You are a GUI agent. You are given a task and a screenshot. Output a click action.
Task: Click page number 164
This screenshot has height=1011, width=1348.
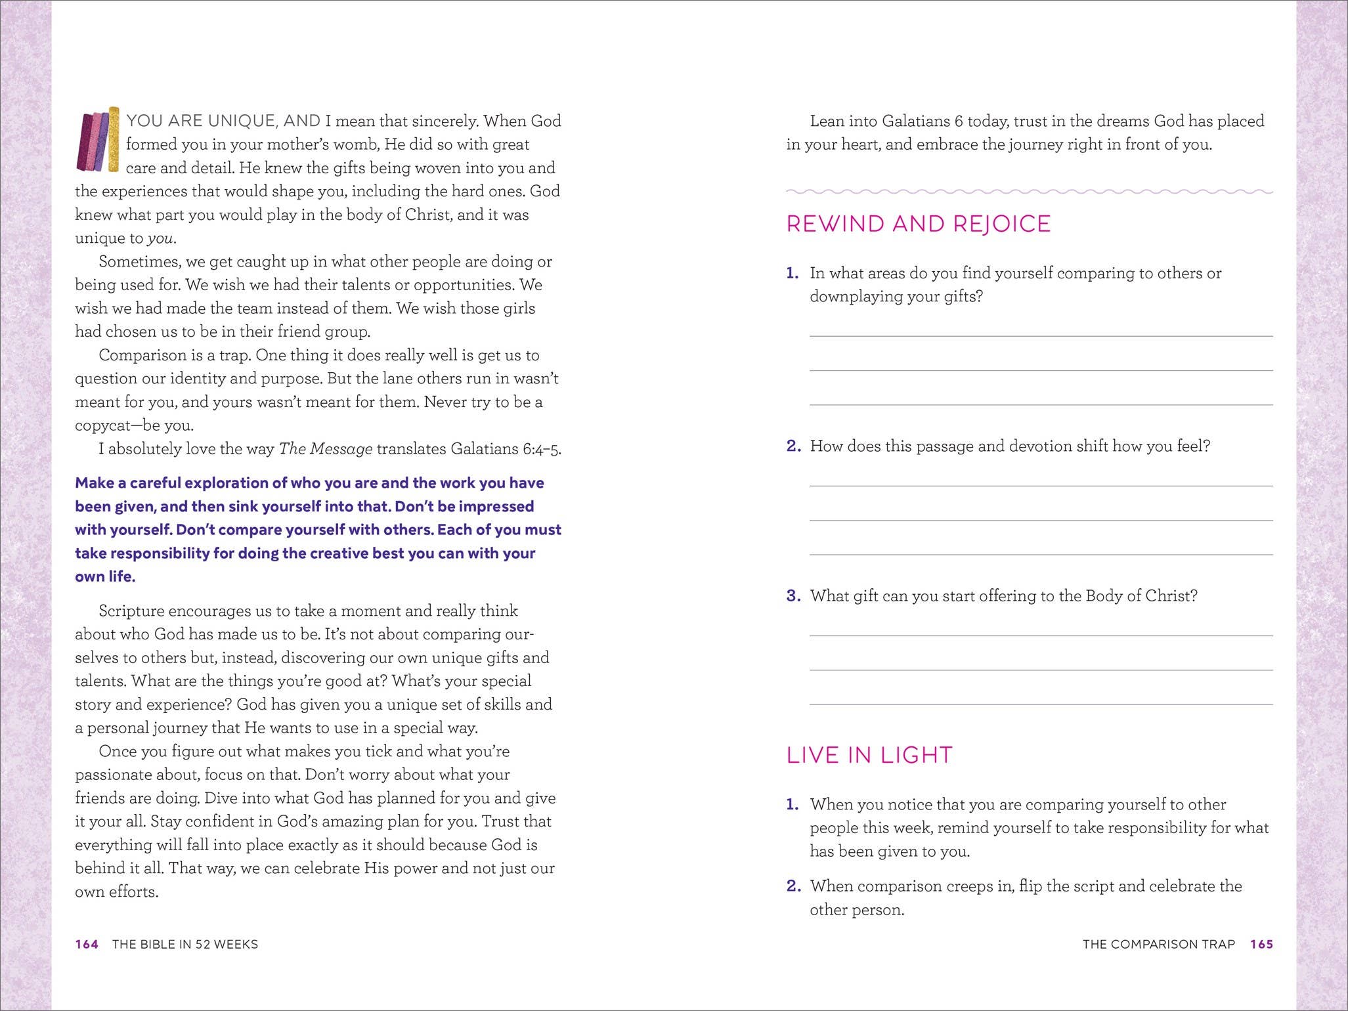click(x=87, y=944)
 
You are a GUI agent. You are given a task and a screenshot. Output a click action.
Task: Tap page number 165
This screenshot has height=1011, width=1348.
click(x=1261, y=944)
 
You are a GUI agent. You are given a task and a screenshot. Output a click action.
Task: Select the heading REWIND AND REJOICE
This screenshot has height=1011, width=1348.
click(x=918, y=224)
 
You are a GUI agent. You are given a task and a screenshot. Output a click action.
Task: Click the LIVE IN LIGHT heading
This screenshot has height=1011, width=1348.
click(x=869, y=755)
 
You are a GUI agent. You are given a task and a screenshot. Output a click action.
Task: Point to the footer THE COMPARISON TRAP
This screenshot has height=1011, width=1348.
click(x=1158, y=944)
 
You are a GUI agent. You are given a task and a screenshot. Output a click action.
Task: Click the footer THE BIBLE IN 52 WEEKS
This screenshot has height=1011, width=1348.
click(x=185, y=944)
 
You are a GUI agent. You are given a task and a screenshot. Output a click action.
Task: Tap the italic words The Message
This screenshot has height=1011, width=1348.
click(x=326, y=449)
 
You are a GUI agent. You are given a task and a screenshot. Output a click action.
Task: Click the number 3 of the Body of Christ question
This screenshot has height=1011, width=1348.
click(x=793, y=595)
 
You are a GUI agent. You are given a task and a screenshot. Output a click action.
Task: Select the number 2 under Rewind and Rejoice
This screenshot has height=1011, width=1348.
click(x=793, y=446)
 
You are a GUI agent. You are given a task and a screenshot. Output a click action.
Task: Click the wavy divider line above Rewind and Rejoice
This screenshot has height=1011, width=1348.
click(x=1029, y=192)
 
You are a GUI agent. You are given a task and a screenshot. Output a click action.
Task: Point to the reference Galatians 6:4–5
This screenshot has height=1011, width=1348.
click(x=506, y=449)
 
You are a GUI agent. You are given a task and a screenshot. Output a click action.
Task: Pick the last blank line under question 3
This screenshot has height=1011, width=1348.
click(x=1041, y=704)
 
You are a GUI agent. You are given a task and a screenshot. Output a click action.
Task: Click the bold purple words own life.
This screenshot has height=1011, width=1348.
click(x=105, y=576)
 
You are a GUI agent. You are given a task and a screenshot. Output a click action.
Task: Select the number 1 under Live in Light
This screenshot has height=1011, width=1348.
click(x=793, y=804)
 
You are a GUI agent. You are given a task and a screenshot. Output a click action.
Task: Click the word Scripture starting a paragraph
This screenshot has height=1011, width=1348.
click(x=131, y=611)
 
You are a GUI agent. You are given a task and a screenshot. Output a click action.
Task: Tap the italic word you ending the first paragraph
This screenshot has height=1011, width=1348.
click(x=161, y=238)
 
